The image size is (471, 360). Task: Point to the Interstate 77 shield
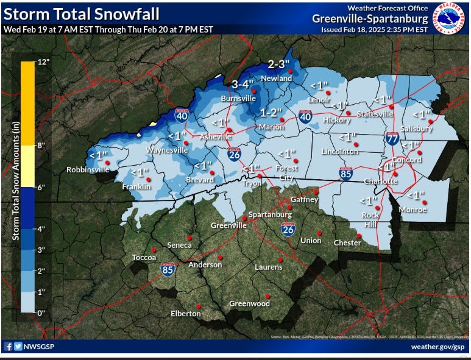tap(391, 139)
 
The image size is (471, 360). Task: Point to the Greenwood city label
tap(249, 303)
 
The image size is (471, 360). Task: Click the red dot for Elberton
tap(199, 306)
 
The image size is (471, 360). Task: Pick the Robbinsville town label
tap(88, 170)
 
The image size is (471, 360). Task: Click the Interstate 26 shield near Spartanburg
tap(289, 229)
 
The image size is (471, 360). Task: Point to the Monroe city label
tap(413, 210)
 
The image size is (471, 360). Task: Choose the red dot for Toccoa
tap(154, 250)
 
